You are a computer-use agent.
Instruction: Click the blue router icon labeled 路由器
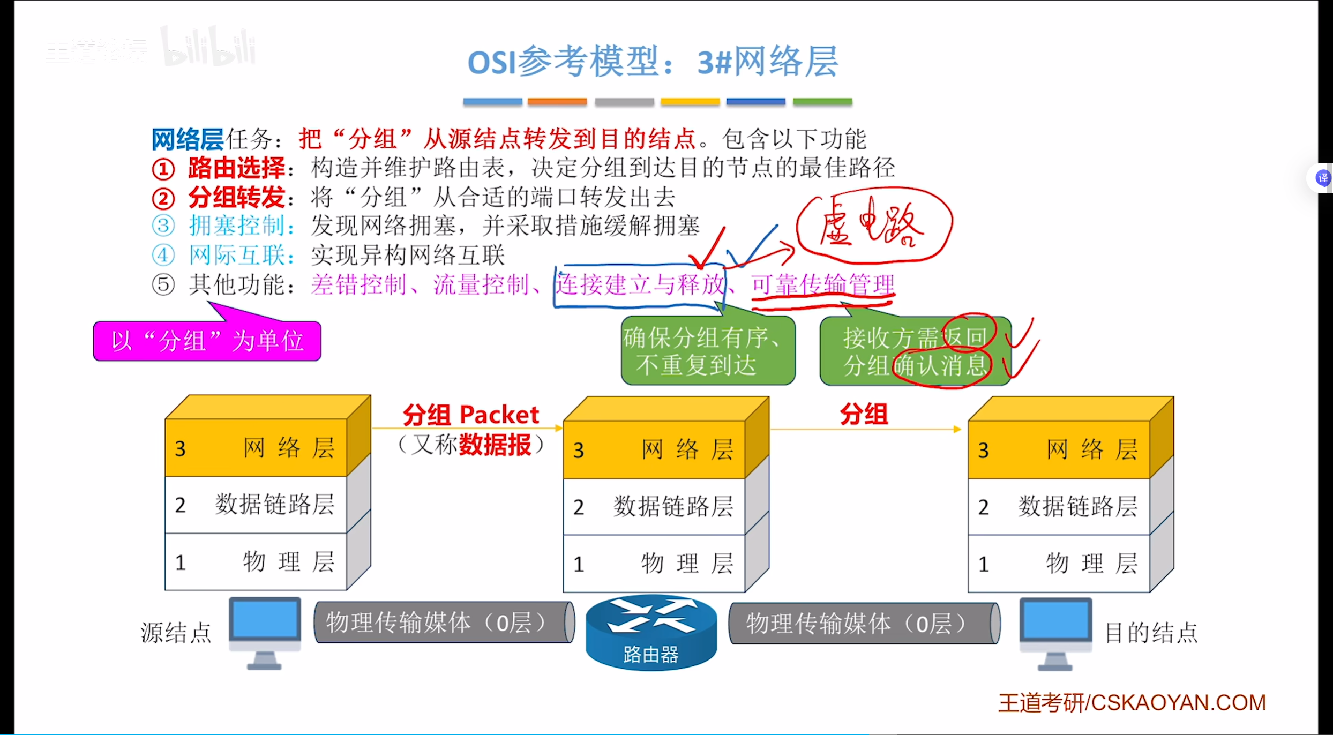click(650, 632)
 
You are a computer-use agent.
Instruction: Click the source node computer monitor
click(265, 621)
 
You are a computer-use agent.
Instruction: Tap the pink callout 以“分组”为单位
click(207, 341)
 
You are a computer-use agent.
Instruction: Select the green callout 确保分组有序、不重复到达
click(707, 351)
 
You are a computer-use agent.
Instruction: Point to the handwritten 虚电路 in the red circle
click(873, 225)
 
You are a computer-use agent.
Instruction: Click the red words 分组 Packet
click(470, 415)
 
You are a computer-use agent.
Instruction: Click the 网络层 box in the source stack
click(256, 448)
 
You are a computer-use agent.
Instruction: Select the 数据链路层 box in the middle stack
click(654, 507)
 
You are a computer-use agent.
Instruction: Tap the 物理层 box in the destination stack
click(1059, 564)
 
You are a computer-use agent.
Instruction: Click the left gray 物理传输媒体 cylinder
click(444, 622)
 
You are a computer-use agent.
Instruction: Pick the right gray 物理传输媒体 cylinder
click(864, 624)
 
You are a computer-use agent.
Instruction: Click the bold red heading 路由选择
click(236, 168)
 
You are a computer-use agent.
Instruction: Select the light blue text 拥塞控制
click(236, 226)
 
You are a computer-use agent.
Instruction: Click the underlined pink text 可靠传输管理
click(822, 284)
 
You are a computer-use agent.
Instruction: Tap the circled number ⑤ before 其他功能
click(163, 284)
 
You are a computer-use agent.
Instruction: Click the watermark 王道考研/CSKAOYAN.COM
click(1132, 703)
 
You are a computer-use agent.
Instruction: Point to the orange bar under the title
click(557, 102)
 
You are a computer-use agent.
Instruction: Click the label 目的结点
click(1151, 633)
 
